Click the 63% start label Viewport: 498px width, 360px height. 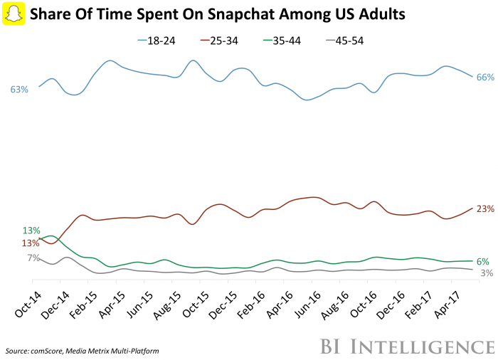[19, 90]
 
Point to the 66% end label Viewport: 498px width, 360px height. [484, 78]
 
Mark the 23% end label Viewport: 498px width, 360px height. [485, 209]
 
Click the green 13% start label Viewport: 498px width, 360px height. [31, 231]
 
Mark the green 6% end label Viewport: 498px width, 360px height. [482, 262]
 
